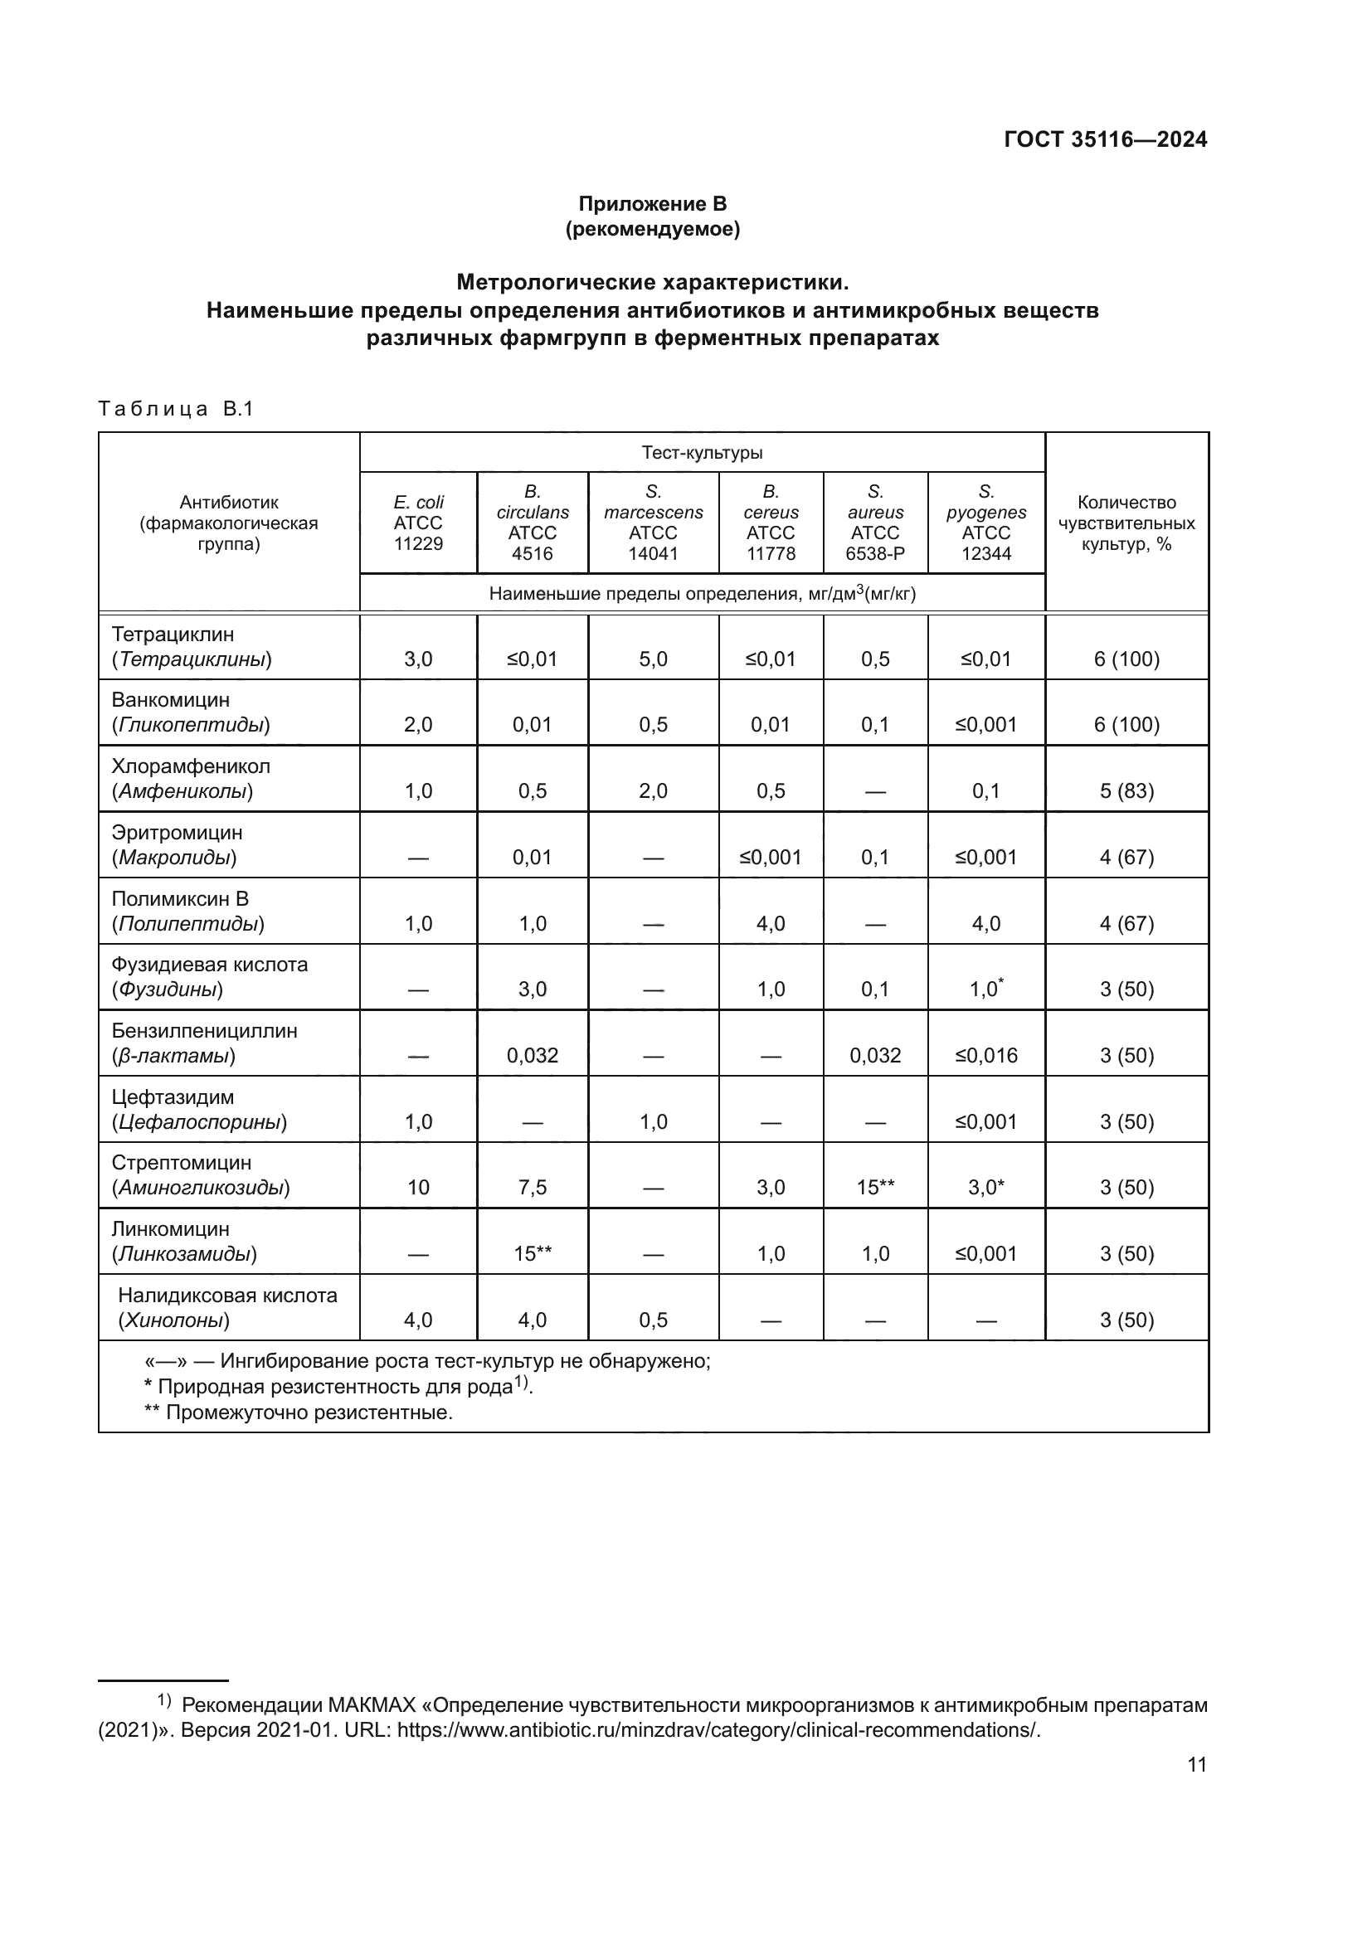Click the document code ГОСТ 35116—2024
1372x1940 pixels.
[1105, 140]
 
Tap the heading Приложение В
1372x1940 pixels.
[652, 204]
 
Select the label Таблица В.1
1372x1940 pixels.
[176, 410]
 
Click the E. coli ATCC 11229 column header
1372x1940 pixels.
[418, 523]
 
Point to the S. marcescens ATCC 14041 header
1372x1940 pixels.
[653, 523]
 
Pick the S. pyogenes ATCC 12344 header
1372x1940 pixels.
[986, 523]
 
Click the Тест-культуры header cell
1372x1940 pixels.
[702, 453]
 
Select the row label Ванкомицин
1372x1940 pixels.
[171, 701]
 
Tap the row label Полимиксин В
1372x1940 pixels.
[180, 899]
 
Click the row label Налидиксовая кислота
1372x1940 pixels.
[227, 1296]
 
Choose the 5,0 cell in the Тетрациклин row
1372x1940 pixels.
[653, 659]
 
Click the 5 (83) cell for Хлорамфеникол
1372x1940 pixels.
[1126, 791]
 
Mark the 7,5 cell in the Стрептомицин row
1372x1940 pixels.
[533, 1187]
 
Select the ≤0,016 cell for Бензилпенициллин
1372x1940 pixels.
[986, 1055]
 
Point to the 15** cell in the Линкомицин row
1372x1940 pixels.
[533, 1254]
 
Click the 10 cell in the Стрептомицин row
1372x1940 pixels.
[418, 1187]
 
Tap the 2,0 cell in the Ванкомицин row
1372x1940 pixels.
[418, 725]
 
